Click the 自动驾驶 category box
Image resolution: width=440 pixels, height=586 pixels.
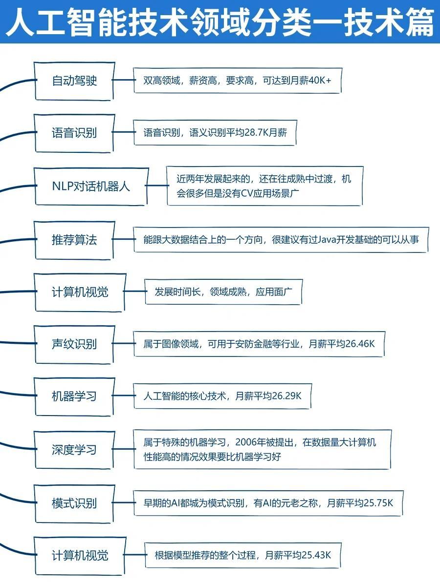[74, 81]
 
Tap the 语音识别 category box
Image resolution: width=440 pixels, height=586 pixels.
[74, 133]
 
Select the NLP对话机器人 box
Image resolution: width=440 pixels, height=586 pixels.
[91, 186]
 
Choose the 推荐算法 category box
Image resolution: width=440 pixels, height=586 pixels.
[74, 240]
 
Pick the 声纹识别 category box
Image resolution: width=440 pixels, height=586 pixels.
[74, 344]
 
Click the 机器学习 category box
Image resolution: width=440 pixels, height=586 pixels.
[74, 396]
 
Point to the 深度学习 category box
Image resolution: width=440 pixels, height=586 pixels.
[74, 449]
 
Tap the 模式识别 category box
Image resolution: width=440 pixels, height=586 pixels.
[74, 503]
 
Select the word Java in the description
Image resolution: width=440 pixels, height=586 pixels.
[328, 240]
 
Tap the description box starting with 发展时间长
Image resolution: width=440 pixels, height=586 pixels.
[224, 292]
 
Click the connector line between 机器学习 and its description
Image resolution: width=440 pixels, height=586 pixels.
[124, 396]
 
